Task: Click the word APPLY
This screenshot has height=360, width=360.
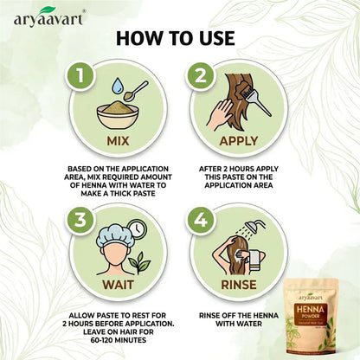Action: (240, 138)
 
